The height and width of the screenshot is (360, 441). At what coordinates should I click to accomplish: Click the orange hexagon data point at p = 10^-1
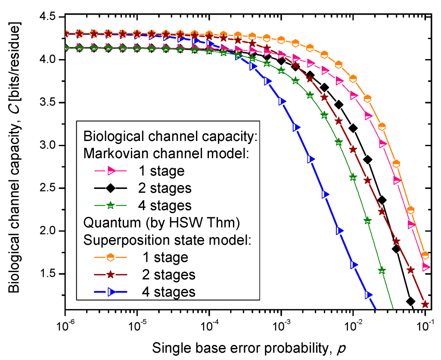tap(425, 255)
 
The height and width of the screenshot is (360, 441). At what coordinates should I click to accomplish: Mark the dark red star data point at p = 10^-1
tap(425, 304)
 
